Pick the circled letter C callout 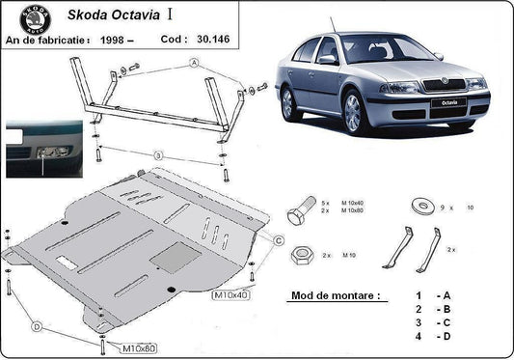tap(278, 240)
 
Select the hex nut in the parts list tap(300, 255)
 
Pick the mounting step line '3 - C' tap(433, 322)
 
